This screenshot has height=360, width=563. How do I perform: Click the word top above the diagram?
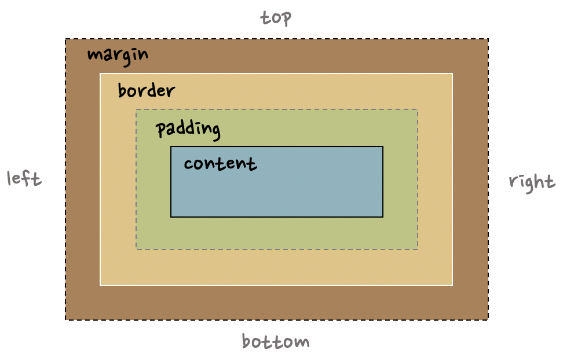[x=276, y=18]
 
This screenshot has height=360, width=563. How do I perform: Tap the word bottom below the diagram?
[x=276, y=341]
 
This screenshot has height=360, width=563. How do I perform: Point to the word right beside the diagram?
[x=531, y=182]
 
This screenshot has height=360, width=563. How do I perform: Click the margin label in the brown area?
[x=118, y=55]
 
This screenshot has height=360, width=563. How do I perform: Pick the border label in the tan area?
[x=146, y=91]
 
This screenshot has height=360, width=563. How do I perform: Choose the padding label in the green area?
[x=188, y=128]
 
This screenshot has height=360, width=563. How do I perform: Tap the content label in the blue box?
[x=220, y=164]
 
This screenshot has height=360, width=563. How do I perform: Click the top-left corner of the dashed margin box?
[x=65, y=39]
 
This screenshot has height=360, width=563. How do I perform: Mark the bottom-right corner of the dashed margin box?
[x=488, y=319]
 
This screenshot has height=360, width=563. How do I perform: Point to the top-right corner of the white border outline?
[x=452, y=74]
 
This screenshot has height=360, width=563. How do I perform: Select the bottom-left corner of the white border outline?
[x=100, y=285]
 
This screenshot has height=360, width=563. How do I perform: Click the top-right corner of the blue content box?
[x=383, y=146]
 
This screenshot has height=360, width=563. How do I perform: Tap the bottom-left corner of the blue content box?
[x=171, y=217]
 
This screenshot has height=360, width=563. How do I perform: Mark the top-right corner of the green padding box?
[x=418, y=109]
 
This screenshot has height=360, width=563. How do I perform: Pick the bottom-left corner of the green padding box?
[x=136, y=249]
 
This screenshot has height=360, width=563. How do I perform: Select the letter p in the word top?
[x=286, y=20]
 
